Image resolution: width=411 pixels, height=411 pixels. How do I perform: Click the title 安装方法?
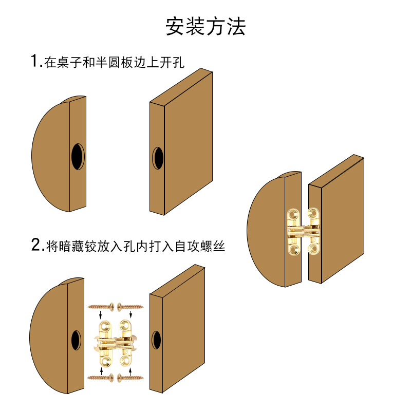point(206,26)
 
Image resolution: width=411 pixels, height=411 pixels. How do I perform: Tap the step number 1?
point(34,62)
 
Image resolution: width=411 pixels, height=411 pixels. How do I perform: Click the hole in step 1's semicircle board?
point(78,156)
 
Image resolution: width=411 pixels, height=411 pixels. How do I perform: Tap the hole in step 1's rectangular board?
point(158,158)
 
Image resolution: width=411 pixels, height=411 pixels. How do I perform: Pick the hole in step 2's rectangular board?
point(156,341)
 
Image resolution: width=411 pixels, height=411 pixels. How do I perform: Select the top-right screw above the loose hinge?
point(130,307)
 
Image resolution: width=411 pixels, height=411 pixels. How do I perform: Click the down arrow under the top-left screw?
point(101,315)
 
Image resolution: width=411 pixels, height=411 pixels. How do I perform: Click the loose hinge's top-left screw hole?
point(106,326)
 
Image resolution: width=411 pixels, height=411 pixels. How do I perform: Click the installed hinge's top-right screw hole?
point(313,213)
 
